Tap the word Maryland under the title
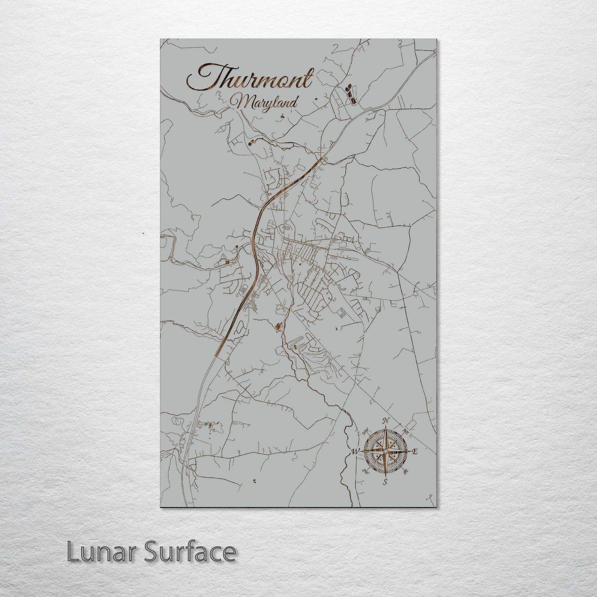[264, 102]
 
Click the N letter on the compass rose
[387, 421]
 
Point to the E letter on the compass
[416, 452]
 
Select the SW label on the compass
[365, 471]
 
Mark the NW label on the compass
[365, 433]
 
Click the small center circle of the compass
[385, 452]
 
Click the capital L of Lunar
[73, 552]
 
